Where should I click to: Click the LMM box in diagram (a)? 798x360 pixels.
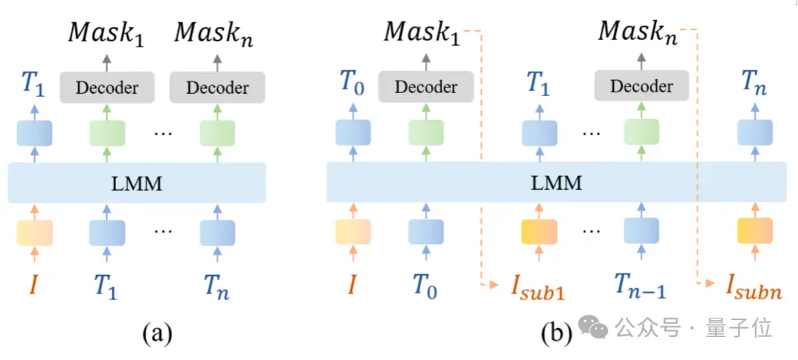137,183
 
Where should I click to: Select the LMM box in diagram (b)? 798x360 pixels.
562,183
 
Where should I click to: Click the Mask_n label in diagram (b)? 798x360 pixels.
638,33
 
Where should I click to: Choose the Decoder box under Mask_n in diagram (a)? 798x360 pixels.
217,87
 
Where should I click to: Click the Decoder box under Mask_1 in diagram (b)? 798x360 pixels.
426,86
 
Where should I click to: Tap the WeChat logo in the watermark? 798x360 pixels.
593,329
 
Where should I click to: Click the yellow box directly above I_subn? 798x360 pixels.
755,231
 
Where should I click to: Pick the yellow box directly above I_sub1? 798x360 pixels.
539,231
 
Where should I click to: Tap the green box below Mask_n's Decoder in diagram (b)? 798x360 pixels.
642,132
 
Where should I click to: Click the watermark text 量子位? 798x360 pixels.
738,330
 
